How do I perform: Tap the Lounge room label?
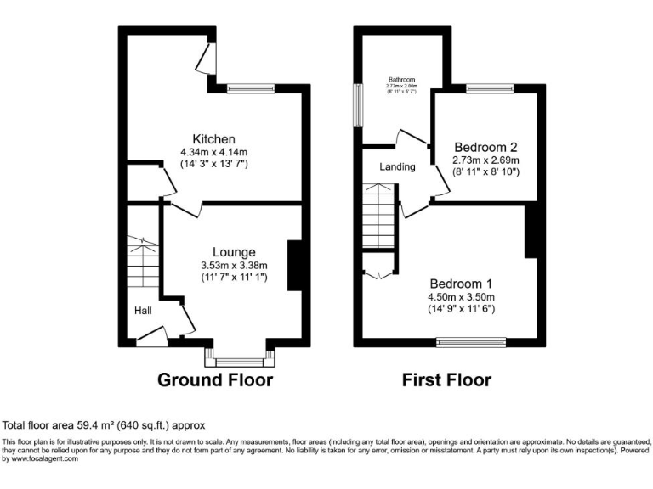click(x=233, y=252)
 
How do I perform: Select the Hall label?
click(x=143, y=312)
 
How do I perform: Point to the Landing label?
click(x=397, y=167)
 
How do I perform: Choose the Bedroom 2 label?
click(x=485, y=146)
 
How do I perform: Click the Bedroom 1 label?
click(x=461, y=284)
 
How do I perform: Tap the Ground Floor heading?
click(x=215, y=380)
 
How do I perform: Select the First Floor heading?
click(x=446, y=380)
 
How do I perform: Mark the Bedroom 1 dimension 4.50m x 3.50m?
click(x=461, y=297)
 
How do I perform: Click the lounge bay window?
click(x=241, y=358)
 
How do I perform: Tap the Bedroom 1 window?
click(x=471, y=343)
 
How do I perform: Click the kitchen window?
click(x=250, y=87)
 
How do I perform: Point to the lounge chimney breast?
click(x=294, y=266)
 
